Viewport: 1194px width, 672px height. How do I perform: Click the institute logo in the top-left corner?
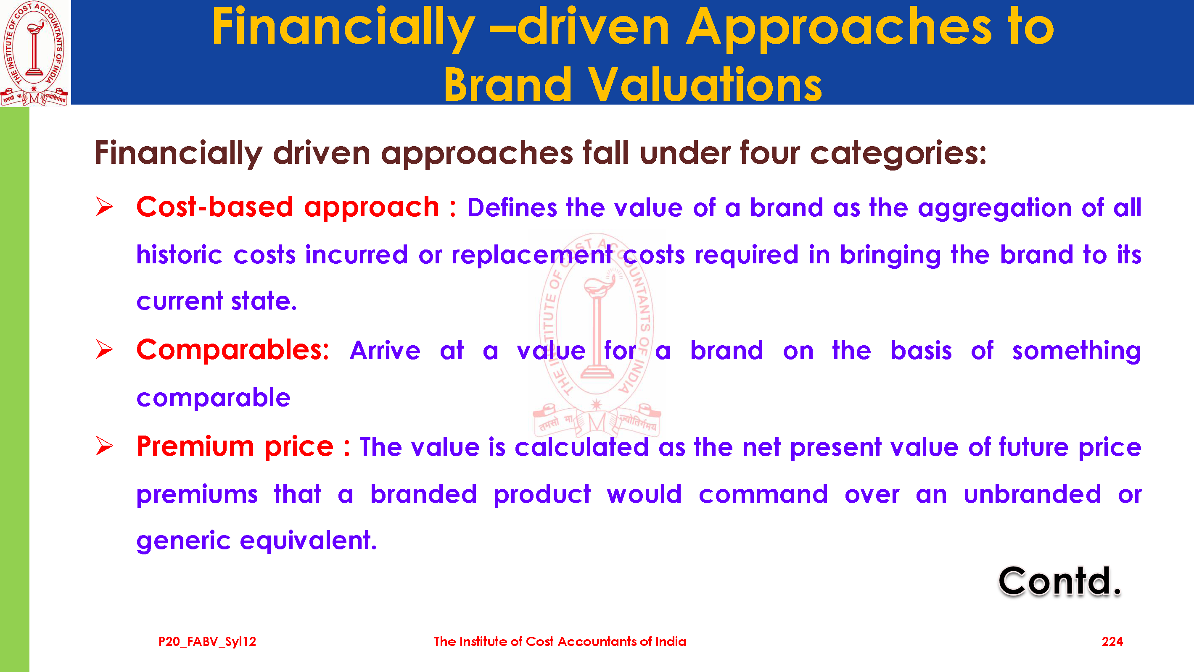pyautogui.click(x=34, y=53)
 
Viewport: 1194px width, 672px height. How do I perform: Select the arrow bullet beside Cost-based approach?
pyautogui.click(x=104, y=207)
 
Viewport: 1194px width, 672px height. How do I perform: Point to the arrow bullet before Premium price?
pyautogui.click(x=104, y=446)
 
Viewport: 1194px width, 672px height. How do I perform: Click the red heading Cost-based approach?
pyautogui.click(x=288, y=207)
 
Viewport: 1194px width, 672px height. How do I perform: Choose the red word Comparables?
pyautogui.click(x=232, y=350)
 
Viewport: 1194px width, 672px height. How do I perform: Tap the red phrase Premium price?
pyautogui.click(x=235, y=447)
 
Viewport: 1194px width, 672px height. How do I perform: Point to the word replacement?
pyautogui.click(x=532, y=256)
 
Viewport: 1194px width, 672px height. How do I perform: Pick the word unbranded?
pyautogui.click(x=1032, y=494)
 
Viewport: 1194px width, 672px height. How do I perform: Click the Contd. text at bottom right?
pyautogui.click(x=1059, y=581)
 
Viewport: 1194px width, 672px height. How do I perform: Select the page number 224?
pyautogui.click(x=1112, y=641)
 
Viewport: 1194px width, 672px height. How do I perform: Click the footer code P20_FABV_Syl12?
pyautogui.click(x=207, y=642)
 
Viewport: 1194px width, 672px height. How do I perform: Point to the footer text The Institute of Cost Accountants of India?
pyautogui.click(x=560, y=641)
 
